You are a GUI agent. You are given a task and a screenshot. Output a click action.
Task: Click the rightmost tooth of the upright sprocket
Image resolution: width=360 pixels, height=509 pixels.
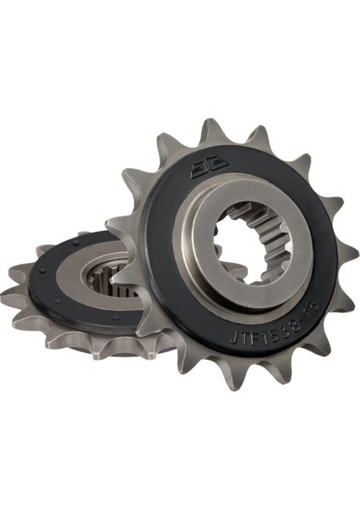click(346, 250)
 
